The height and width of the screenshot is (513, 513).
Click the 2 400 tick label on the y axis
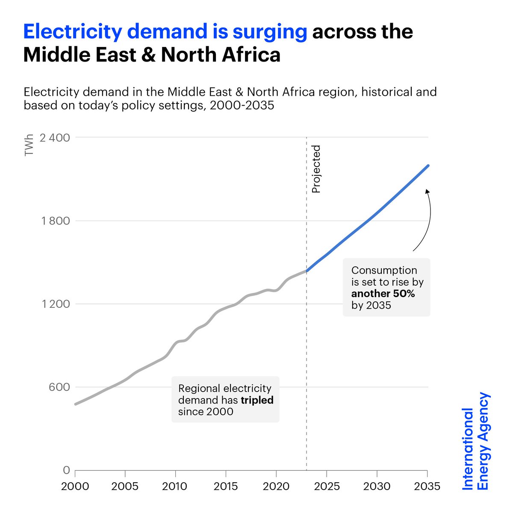click(x=54, y=138)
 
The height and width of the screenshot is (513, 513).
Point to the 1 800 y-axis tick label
click(x=54, y=221)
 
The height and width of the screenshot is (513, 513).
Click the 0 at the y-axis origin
click(x=66, y=470)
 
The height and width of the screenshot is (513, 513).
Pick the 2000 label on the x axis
click(x=75, y=486)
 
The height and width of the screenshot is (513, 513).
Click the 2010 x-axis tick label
click(x=175, y=486)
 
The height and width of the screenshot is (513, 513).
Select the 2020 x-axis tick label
click(x=276, y=486)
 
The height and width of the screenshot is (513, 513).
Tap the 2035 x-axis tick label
click(x=427, y=486)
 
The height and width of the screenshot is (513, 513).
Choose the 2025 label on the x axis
click(x=327, y=486)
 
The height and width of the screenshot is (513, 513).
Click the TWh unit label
click(x=29, y=146)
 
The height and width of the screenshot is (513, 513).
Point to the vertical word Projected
click(x=316, y=169)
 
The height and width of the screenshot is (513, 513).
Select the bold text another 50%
click(x=383, y=294)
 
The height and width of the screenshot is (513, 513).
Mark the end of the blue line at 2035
click(x=428, y=165)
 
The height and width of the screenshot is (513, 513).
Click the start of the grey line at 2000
click(x=76, y=404)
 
